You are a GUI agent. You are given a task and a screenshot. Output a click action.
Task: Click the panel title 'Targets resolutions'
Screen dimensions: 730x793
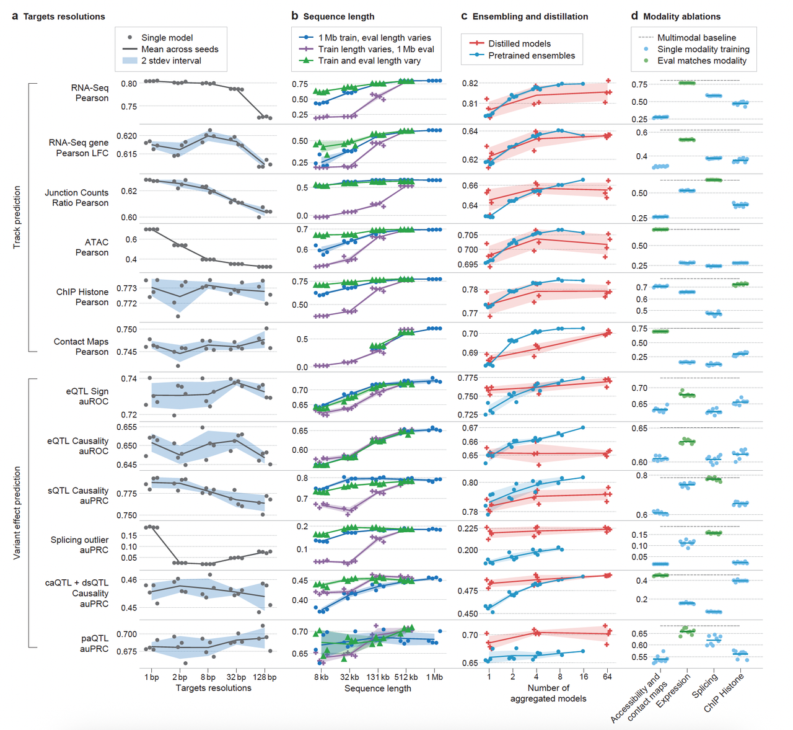pyautogui.click(x=64, y=17)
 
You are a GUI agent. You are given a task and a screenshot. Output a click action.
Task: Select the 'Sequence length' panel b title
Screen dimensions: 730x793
pyautogui.click(x=338, y=17)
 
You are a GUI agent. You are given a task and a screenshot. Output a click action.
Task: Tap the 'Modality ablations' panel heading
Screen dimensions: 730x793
pyautogui.click(x=681, y=17)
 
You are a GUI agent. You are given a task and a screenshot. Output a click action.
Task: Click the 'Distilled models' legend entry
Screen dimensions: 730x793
pyautogui.click(x=519, y=43)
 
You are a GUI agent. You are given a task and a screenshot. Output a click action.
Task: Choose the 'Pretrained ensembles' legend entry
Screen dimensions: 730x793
pyautogui.click(x=532, y=55)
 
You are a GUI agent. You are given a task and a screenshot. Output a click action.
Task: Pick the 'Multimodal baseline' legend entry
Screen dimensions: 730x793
pyautogui.click(x=696, y=38)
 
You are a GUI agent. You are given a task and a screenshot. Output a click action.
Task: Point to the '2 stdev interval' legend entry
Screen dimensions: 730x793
pyautogui.click(x=171, y=61)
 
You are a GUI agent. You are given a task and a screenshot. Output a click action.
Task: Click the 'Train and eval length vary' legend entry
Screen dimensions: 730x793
pyautogui.click(x=369, y=61)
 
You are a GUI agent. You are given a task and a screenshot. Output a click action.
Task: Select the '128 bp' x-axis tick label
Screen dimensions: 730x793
pyautogui.click(x=265, y=677)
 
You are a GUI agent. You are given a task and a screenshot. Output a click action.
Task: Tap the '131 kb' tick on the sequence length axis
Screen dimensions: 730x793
pyautogui.click(x=378, y=677)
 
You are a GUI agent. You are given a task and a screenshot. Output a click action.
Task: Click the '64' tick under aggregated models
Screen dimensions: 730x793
pyautogui.click(x=607, y=677)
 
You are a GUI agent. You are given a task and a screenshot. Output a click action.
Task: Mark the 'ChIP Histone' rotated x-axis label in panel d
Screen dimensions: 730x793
pyautogui.click(x=724, y=692)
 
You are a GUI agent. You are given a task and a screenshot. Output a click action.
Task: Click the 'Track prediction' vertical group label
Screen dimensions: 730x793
pyautogui.click(x=17, y=217)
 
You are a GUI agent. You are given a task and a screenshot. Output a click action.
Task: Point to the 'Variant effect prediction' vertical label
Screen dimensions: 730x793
pyautogui.click(x=17, y=512)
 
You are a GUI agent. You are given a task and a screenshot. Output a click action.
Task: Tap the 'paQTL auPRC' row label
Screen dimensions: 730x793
pyautogui.click(x=94, y=643)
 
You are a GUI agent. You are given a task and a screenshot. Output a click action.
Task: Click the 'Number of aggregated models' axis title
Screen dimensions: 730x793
pyautogui.click(x=548, y=693)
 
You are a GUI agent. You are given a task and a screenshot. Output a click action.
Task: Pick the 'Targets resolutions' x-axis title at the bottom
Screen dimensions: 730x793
pyautogui.click(x=213, y=688)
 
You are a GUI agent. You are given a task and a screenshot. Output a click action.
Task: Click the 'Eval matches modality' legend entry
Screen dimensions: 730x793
pyautogui.click(x=702, y=61)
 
